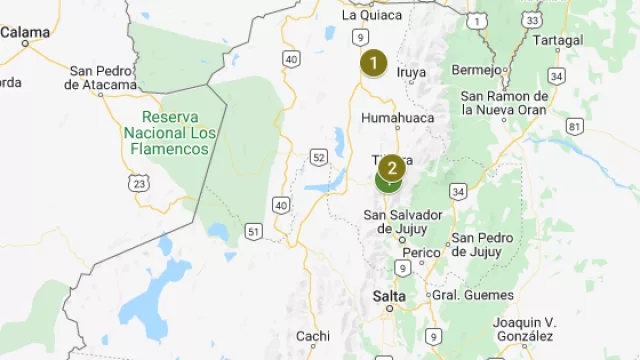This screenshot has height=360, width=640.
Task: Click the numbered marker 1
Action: pos(374,64)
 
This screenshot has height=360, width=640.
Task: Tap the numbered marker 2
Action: pos(391,167)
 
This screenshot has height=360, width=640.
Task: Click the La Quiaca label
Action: pos(372,15)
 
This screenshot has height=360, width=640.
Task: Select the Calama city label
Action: pos(25,32)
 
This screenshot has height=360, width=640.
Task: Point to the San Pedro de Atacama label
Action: pos(101,77)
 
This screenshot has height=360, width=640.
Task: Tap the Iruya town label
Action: pos(411,72)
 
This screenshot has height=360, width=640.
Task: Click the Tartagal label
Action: pos(557,40)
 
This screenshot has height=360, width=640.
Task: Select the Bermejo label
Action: pos(475,70)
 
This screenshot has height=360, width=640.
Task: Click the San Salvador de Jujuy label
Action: pos(403,222)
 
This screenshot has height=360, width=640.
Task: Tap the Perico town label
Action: pos(421,252)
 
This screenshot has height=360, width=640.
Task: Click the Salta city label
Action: pos(389,296)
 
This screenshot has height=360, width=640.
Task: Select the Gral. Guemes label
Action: pos(473,295)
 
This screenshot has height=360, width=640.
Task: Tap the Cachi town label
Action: pos(312,336)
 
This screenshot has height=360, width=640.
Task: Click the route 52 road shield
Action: pos(318,157)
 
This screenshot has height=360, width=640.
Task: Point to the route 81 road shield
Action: pos(574,126)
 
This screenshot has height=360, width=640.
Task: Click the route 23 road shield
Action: pos(138,183)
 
